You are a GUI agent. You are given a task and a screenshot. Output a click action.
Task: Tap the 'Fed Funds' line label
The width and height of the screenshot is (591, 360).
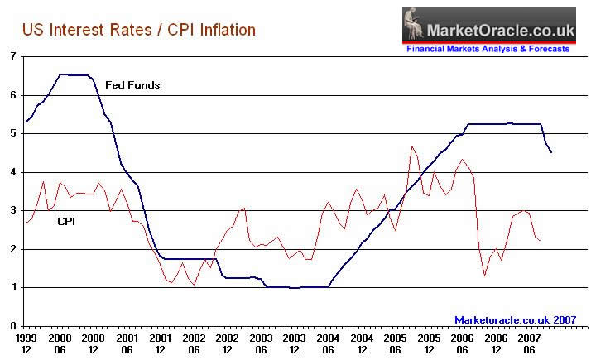coord(132,85)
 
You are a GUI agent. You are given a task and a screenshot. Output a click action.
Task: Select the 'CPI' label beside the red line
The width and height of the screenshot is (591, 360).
coord(67,221)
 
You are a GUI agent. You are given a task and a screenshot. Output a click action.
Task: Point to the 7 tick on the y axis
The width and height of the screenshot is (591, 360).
coord(12,56)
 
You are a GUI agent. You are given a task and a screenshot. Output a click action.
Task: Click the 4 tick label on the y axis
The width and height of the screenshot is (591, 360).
coord(12,172)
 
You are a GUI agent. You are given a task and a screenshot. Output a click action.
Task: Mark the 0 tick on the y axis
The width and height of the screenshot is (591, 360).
coord(12,326)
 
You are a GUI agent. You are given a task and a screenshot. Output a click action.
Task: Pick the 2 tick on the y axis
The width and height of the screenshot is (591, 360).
coord(12,249)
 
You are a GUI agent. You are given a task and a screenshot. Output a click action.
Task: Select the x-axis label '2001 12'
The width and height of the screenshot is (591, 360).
coord(161,343)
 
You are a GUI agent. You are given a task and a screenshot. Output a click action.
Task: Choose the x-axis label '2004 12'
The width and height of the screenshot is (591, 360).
coord(361,343)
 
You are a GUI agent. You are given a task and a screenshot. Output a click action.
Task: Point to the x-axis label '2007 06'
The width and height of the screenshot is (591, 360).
coord(528,343)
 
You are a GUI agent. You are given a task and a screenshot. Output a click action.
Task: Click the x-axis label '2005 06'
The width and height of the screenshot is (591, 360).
coord(394,343)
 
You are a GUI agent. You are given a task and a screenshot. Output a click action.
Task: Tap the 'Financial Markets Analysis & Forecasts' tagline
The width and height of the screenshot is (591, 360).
coord(488,49)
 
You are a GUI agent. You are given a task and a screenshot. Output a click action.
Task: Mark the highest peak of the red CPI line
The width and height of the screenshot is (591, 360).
coord(411,146)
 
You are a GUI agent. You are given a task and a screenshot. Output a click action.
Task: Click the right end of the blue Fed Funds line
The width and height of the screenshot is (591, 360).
coord(551,151)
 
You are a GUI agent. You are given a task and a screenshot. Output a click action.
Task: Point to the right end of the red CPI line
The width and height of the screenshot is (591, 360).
coord(540,240)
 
